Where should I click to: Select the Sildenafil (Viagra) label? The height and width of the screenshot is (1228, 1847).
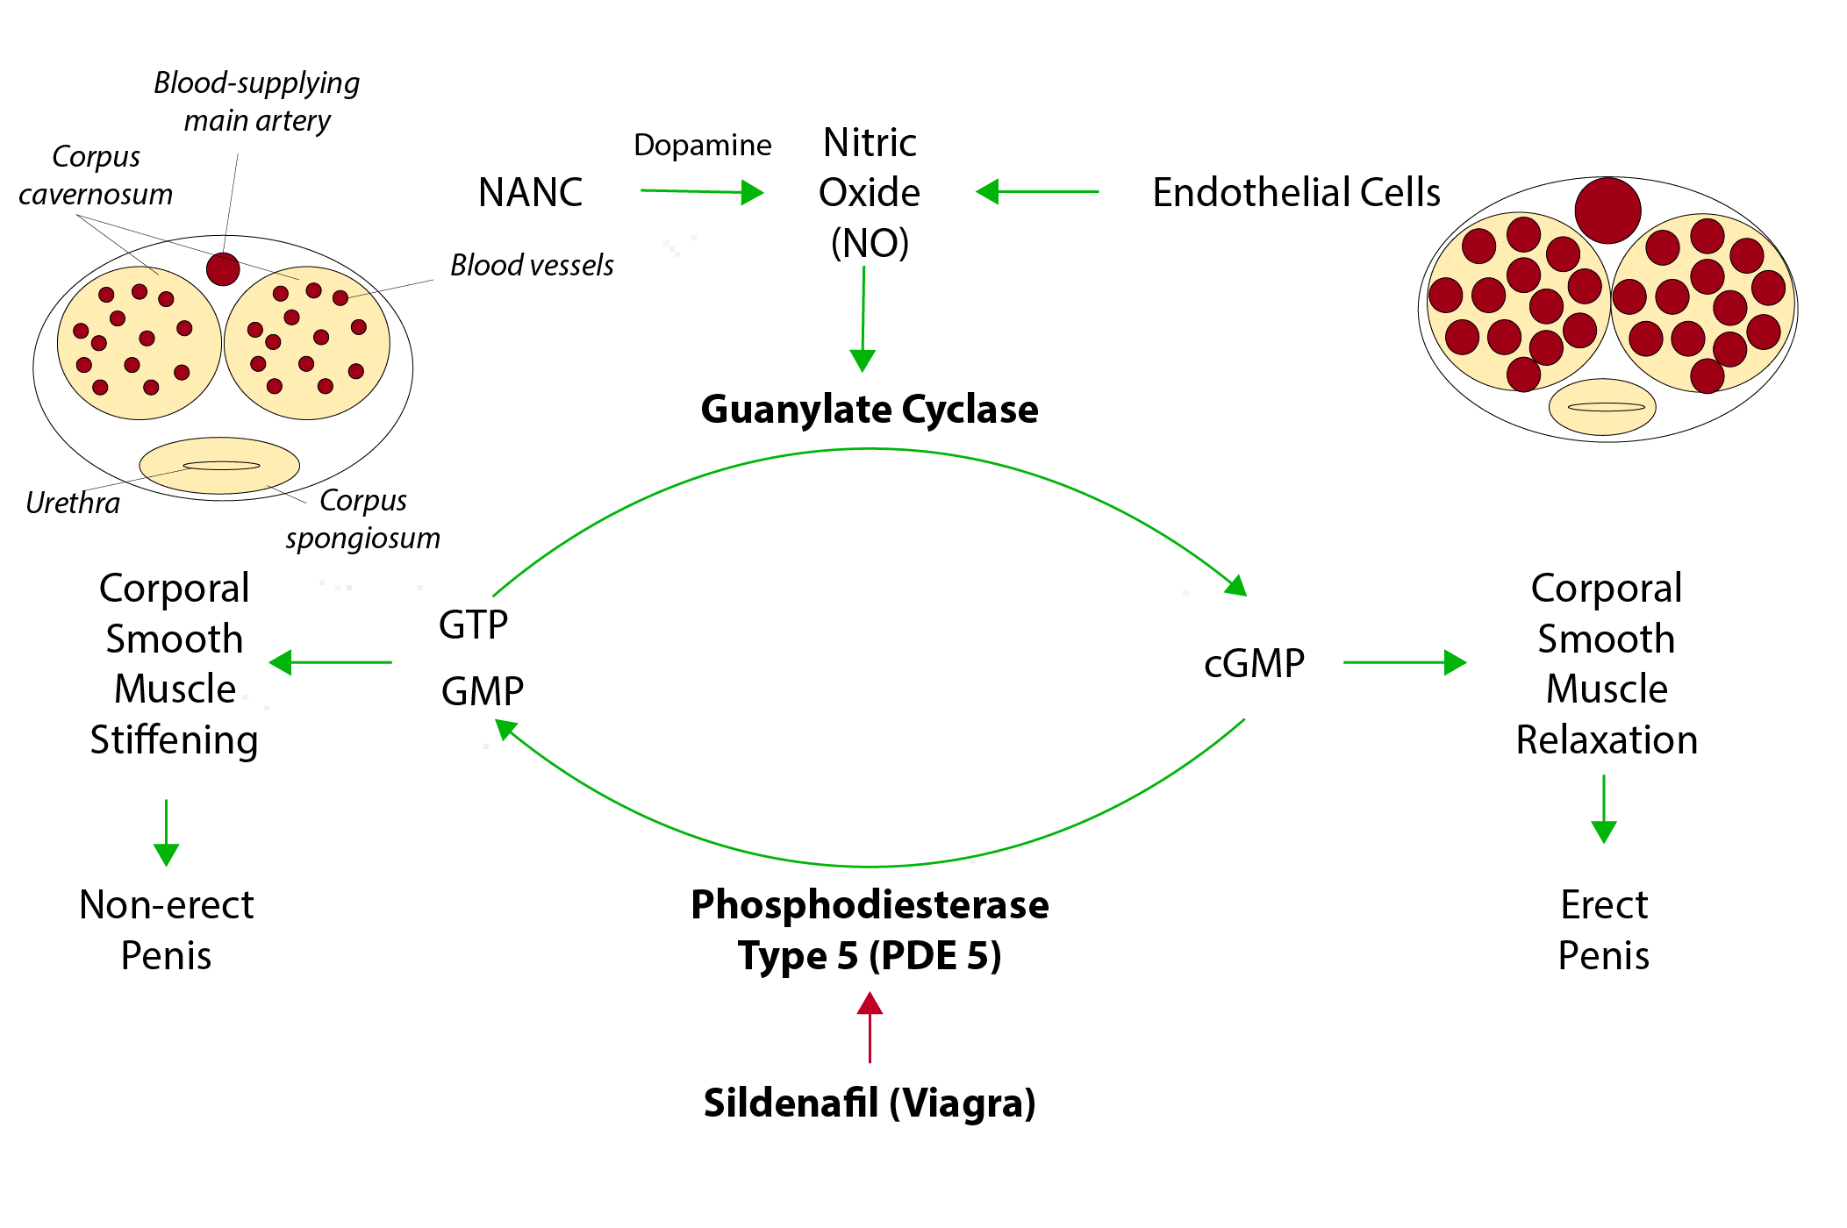pyautogui.click(x=870, y=1103)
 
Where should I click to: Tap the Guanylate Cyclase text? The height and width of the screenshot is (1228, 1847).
pyautogui.click(x=870, y=410)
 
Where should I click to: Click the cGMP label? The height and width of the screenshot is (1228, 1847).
pyautogui.click(x=1254, y=663)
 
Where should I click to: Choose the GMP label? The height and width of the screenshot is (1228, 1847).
pyautogui.click(x=483, y=691)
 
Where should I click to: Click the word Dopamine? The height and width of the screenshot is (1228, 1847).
pyautogui.click(x=702, y=145)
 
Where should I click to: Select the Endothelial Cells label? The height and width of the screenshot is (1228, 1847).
pyautogui.click(x=1296, y=193)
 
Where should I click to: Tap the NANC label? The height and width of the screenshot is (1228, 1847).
pyautogui.click(x=533, y=192)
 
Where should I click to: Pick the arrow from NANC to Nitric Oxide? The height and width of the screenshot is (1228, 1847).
pyautogui.click(x=702, y=191)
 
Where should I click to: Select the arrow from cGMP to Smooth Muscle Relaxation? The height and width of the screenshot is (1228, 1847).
pyautogui.click(x=1404, y=662)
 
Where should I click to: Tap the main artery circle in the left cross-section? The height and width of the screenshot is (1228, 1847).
pyautogui.click(x=223, y=268)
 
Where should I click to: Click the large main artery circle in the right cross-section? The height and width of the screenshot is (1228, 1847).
pyautogui.click(x=1607, y=211)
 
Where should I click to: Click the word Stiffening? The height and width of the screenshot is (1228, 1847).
pyautogui.click(x=174, y=740)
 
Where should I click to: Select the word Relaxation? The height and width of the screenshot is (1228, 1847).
pyautogui.click(x=1607, y=740)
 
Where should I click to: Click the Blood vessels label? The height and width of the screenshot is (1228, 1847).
pyautogui.click(x=532, y=265)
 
